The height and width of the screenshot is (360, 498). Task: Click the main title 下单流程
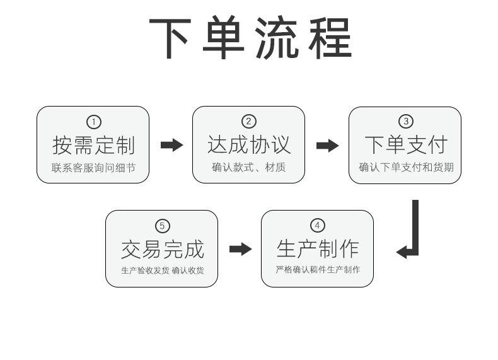(x=250, y=37)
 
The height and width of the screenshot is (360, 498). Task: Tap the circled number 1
(x=94, y=122)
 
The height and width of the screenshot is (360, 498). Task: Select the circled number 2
(x=248, y=122)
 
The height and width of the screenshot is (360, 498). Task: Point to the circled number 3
(x=405, y=121)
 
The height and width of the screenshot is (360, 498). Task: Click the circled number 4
(x=317, y=225)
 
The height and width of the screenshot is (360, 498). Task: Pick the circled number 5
(x=162, y=226)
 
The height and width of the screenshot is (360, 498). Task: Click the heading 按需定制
(x=94, y=145)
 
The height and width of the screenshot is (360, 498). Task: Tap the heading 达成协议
(x=249, y=144)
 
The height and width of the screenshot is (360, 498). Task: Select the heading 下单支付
(x=406, y=144)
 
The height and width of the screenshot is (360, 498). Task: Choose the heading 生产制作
(x=318, y=249)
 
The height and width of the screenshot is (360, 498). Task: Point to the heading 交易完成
(x=163, y=250)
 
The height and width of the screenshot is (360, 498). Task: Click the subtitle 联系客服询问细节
(x=93, y=168)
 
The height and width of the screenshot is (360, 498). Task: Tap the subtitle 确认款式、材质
(x=248, y=167)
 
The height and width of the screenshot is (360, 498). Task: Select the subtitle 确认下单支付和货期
(x=406, y=167)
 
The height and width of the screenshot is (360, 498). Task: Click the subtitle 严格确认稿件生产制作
(x=318, y=270)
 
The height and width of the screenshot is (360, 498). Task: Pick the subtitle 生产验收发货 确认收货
(x=162, y=270)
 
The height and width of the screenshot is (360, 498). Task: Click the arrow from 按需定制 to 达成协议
(x=172, y=145)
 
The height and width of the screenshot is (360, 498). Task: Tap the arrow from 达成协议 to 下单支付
(x=327, y=146)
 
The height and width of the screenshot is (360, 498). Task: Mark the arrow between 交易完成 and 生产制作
(x=240, y=249)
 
